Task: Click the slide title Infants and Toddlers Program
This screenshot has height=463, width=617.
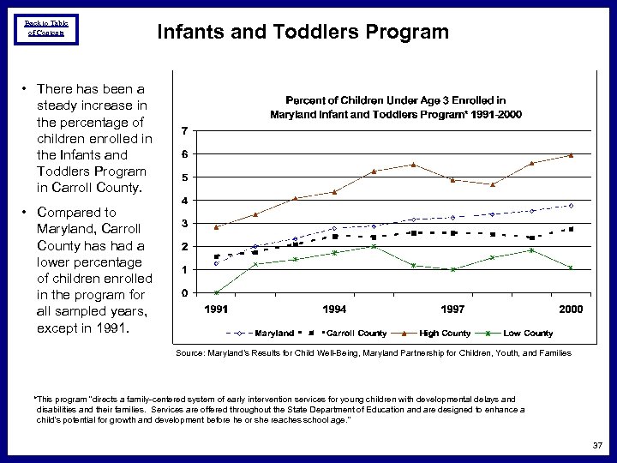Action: pos(303,33)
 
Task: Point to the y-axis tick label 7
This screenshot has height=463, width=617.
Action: pos(186,130)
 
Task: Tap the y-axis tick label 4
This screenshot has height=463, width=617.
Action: pos(186,201)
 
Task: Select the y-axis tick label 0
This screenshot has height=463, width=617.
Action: pos(186,293)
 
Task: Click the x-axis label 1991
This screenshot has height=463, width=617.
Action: pos(216,309)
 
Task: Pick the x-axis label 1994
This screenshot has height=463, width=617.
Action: pos(334,309)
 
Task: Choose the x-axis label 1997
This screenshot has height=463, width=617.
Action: pos(452,309)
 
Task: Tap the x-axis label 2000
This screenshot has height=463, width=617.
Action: pos(571,309)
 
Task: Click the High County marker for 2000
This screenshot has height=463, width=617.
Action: pos(571,155)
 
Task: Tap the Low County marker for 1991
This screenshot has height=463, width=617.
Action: pos(216,292)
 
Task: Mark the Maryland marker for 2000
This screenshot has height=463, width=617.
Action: pos(571,206)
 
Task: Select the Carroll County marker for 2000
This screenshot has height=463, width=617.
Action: pos(571,229)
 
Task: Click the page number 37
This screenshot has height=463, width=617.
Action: pos(596,445)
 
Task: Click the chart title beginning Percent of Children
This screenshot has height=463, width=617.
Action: pos(395,107)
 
